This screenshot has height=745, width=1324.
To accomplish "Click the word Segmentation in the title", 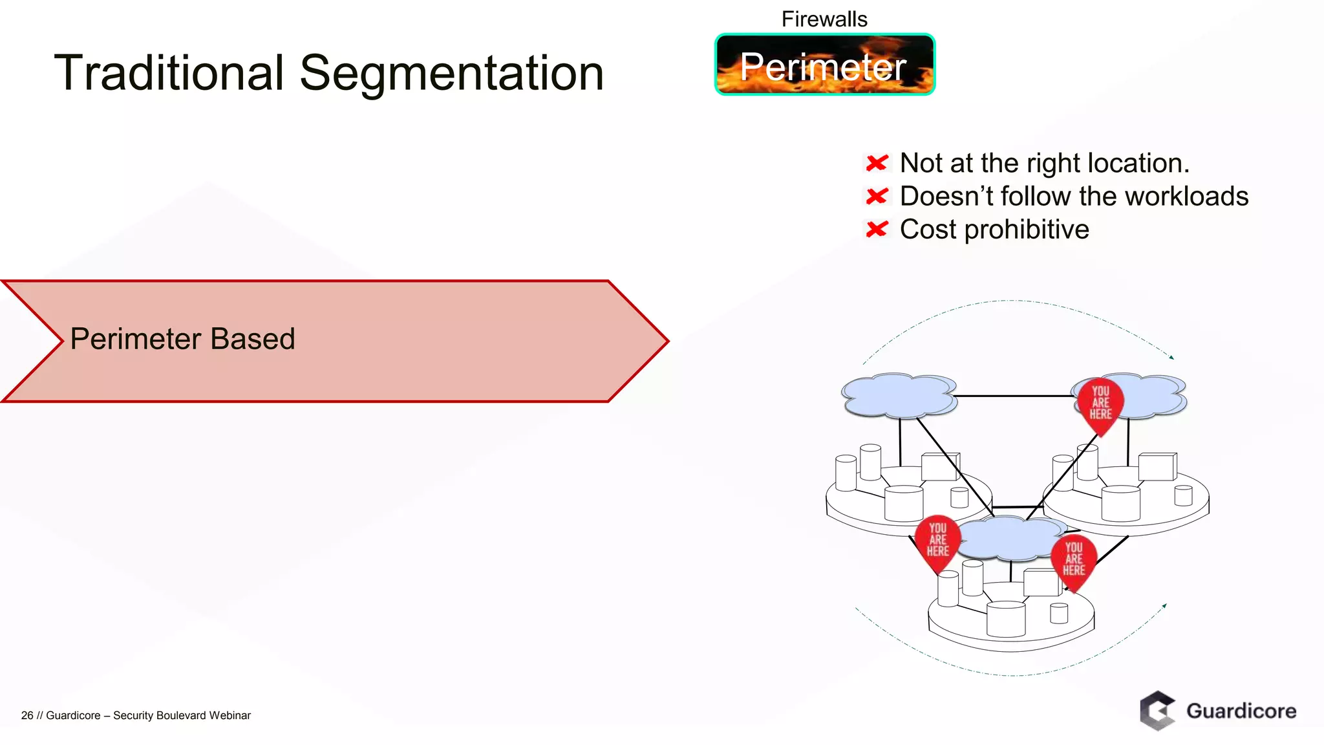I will click(x=451, y=74).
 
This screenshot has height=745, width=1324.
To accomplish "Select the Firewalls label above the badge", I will click(x=824, y=19).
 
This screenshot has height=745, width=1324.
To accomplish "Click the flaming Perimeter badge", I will click(x=824, y=65).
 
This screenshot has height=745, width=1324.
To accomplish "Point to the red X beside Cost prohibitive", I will click(x=877, y=229).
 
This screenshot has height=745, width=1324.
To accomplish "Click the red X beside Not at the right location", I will click(x=877, y=163).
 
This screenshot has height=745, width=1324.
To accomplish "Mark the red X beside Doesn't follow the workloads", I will click(x=877, y=196).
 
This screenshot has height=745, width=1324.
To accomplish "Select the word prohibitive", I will click(x=1027, y=230).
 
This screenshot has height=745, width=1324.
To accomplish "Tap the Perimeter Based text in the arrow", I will click(x=182, y=339).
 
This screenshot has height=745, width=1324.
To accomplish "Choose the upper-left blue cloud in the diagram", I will click(x=899, y=395).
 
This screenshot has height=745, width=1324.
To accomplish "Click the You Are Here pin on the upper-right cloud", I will click(x=1100, y=405).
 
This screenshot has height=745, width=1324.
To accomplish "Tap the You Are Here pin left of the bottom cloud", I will click(x=937, y=542).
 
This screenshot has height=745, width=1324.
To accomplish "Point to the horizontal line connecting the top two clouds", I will click(x=1012, y=396).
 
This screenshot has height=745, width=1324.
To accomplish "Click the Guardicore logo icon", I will click(x=1157, y=711).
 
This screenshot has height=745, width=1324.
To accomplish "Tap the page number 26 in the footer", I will click(x=27, y=715).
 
